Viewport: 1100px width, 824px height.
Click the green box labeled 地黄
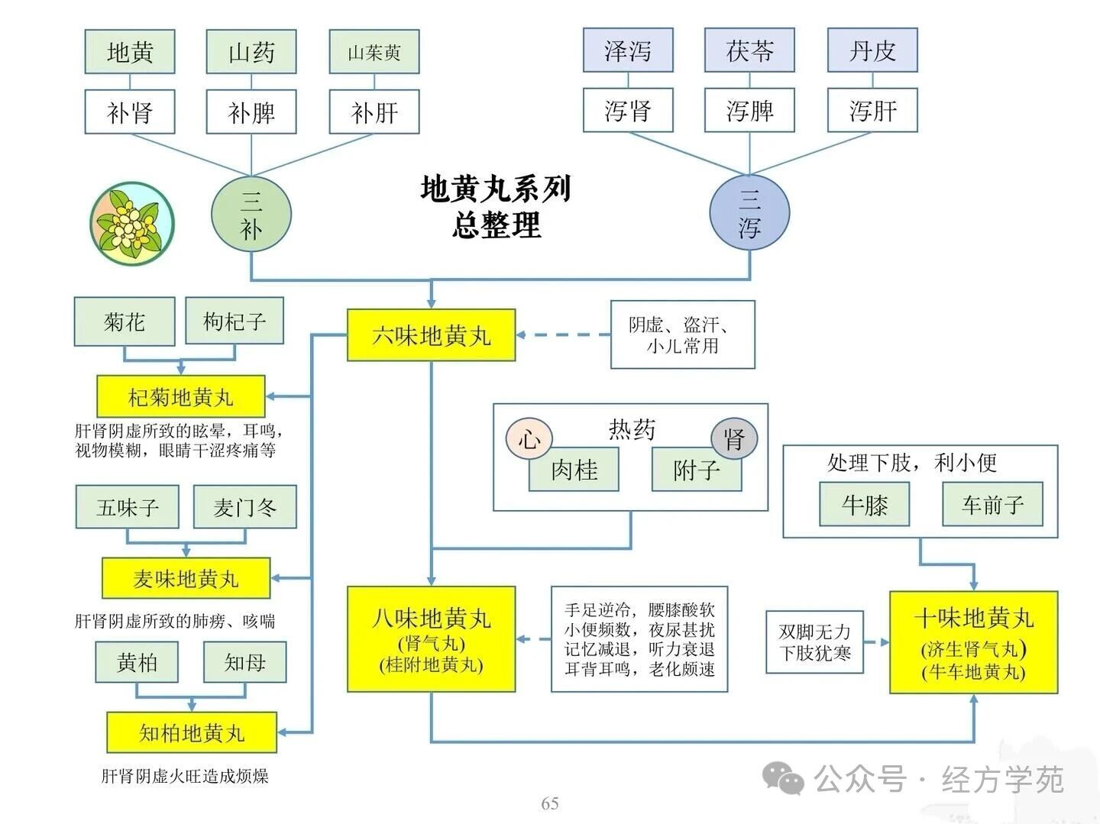click(130, 52)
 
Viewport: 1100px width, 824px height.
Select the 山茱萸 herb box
click(374, 52)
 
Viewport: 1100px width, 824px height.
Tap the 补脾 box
click(251, 112)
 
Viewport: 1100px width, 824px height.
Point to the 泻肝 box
click(872, 111)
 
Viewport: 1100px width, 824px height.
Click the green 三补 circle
click(251, 213)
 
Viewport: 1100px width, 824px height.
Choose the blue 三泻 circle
click(749, 213)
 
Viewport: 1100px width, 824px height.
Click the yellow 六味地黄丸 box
click(431, 334)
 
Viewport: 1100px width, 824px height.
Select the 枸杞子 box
click(235, 322)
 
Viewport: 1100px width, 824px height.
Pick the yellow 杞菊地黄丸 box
click(181, 396)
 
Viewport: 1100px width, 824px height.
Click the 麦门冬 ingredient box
click(244, 507)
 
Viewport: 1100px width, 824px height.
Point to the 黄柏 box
click(137, 661)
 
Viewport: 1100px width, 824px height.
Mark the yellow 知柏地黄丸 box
click(191, 732)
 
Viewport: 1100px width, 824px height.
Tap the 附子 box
click(697, 469)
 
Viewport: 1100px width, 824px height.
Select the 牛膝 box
click(865, 504)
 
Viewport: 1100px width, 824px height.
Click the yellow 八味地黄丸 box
click(431, 638)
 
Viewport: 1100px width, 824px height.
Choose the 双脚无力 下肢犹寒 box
click(815, 641)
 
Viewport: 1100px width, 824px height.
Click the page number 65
click(550, 803)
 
